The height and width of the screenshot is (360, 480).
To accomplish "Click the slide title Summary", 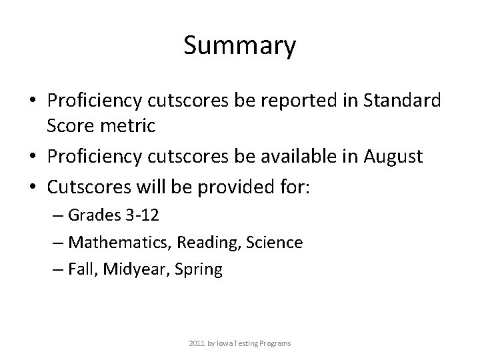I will (239, 46).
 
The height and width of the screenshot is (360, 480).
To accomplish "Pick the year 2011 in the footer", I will (196, 343).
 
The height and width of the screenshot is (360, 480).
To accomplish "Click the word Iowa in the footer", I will (229, 343).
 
